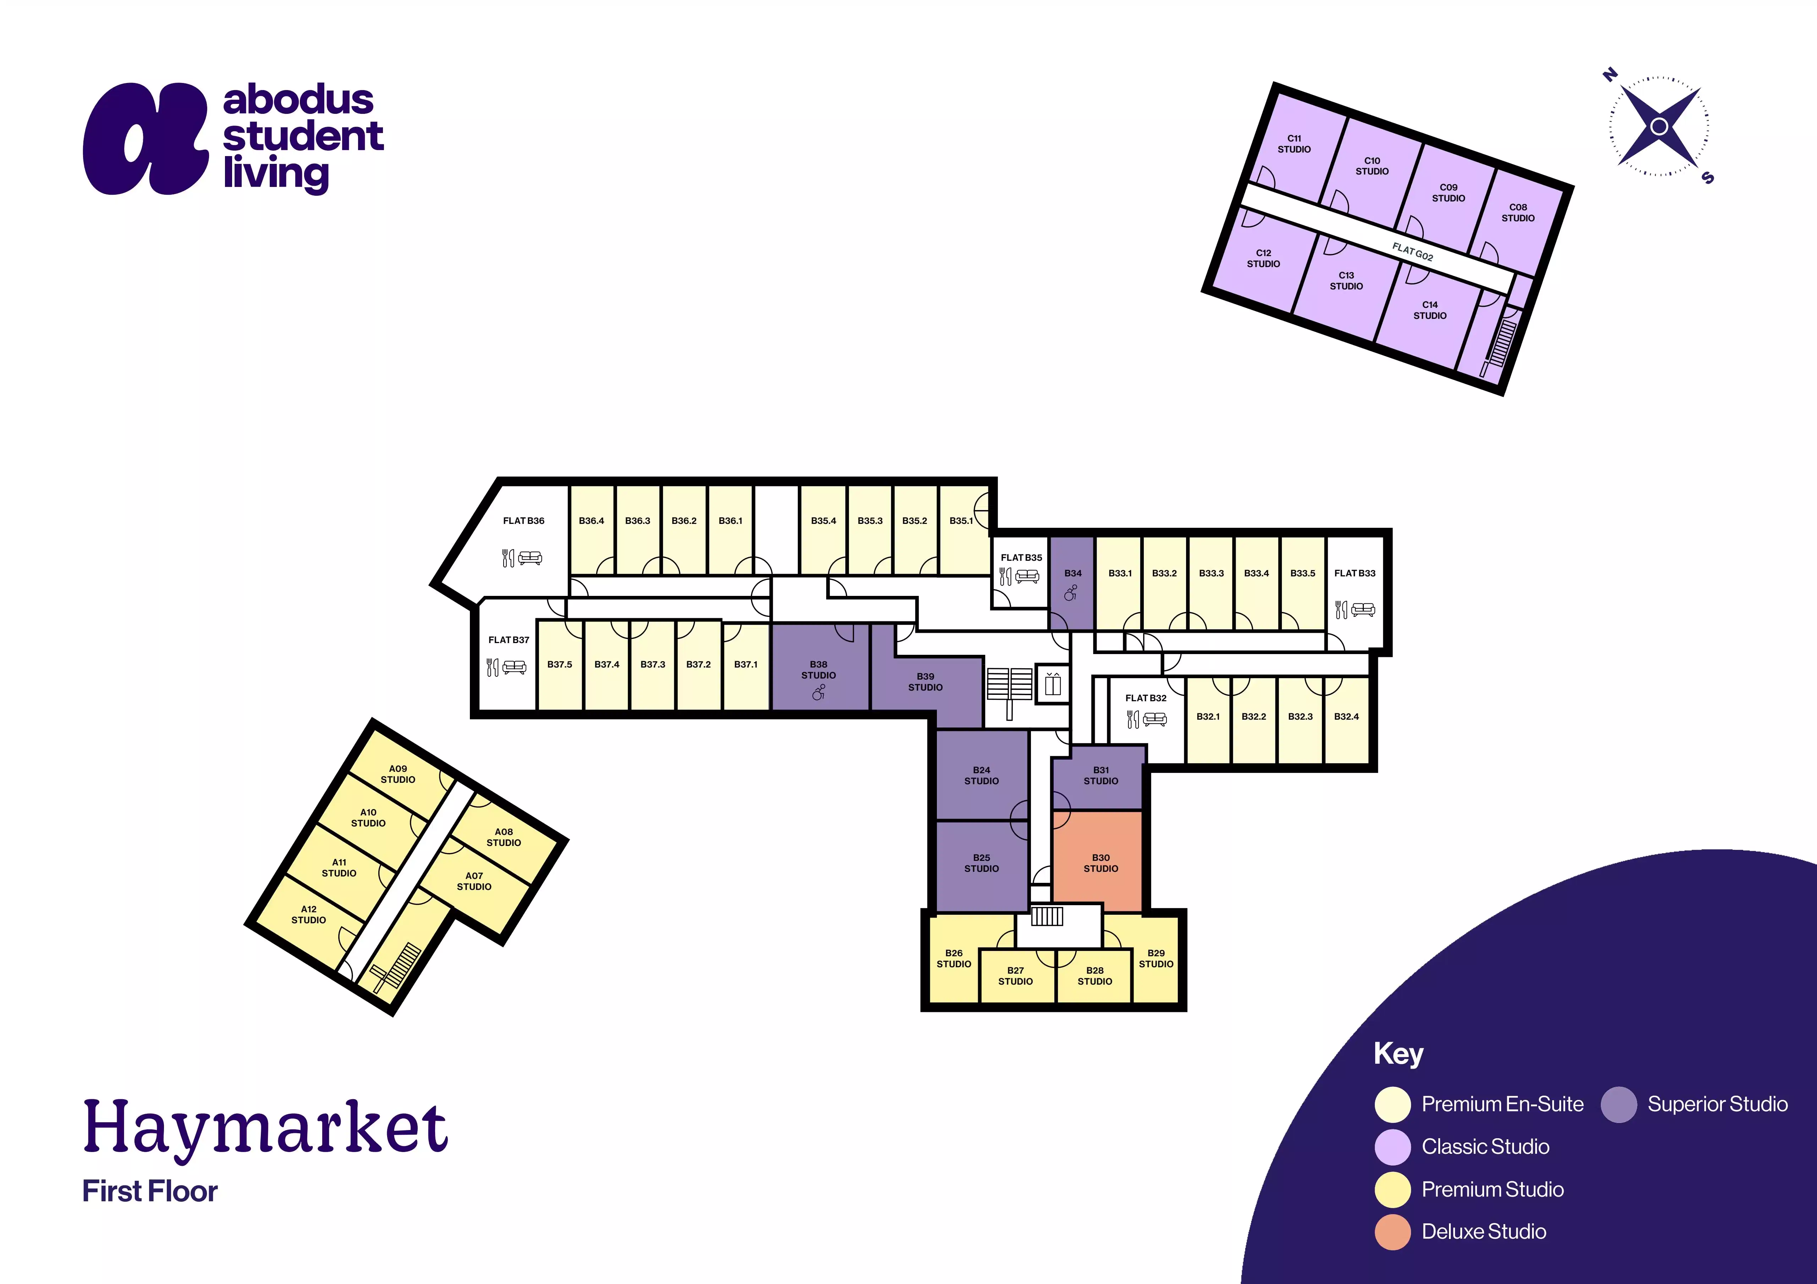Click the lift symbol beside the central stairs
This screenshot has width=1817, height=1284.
coord(1053,683)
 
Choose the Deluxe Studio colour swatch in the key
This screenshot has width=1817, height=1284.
coord(1393,1232)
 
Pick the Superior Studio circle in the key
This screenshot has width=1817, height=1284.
coord(1618,1105)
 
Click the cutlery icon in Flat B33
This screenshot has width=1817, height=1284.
coord(1341,609)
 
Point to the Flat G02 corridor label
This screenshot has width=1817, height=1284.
coord(1412,251)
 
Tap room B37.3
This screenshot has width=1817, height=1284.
coord(653,665)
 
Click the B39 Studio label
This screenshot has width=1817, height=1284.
coord(925,682)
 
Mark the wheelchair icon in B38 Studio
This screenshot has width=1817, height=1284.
coord(818,693)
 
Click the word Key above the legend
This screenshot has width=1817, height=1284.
coord(1398,1054)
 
